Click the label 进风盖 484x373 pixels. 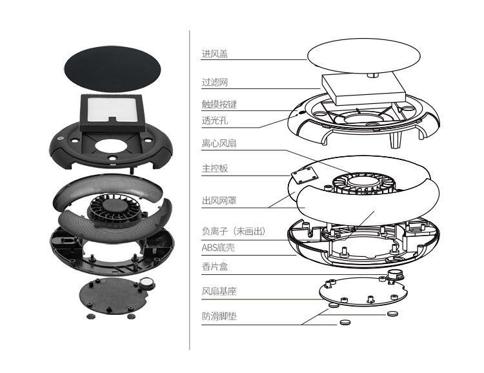pos(215,55)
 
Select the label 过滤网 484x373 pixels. pos(215,83)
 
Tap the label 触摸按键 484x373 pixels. pos(219,104)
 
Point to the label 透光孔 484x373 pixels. pos(215,120)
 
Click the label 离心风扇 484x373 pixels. pos(219,143)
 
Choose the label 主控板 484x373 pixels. pos(215,168)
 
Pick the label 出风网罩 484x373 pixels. pos(219,201)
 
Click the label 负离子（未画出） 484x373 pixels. pos(233,231)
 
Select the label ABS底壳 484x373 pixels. pos(218,246)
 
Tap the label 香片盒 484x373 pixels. pos(215,267)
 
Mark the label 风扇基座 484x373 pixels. pos(219,292)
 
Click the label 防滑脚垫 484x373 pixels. pos(219,316)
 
